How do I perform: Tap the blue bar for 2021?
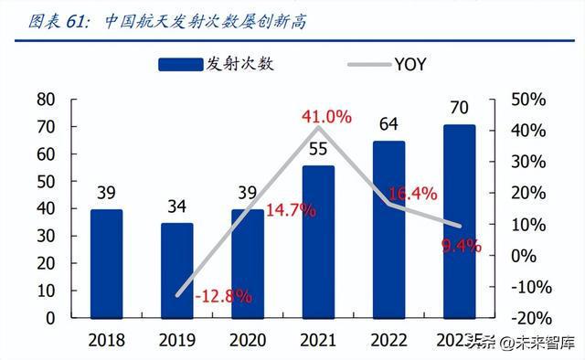pos(318,241)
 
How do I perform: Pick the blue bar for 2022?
pos(388,229)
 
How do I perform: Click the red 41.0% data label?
pos(327,116)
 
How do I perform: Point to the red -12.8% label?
pos(223,295)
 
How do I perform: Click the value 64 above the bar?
pos(388,123)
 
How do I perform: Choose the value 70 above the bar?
pos(459,107)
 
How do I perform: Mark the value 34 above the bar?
pos(176,206)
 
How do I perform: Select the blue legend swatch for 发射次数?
pos(181,64)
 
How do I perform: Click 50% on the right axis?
pos(529,99)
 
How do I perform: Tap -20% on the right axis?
pos(526,318)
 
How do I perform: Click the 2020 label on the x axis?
pos(247,340)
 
